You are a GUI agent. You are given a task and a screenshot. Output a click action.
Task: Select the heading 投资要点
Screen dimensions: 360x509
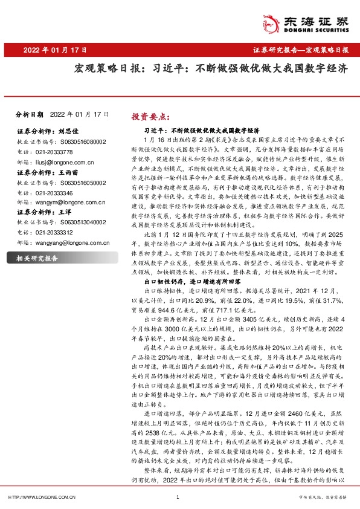tap(151, 117)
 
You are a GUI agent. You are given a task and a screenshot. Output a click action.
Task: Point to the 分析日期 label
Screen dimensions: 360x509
tap(29, 114)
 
